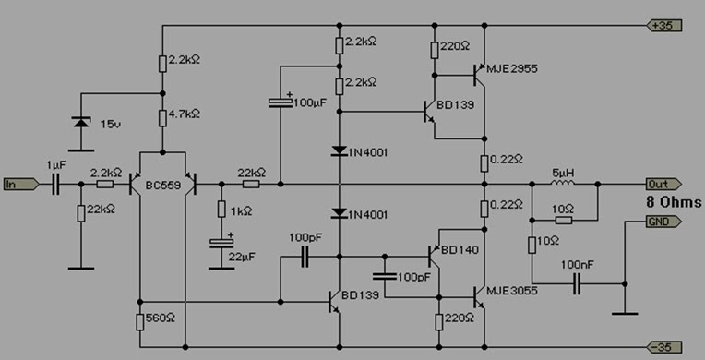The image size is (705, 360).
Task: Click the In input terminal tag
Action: [19, 185]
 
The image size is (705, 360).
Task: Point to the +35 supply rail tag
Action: [665, 24]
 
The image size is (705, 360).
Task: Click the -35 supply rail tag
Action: [665, 346]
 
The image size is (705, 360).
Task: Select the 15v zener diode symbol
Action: [82, 122]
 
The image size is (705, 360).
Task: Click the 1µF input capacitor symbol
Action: [54, 185]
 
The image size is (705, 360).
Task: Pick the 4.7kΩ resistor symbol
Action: [162, 117]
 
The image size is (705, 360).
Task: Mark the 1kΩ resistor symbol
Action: [221, 210]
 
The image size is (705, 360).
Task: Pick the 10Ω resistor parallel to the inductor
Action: [563, 221]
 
